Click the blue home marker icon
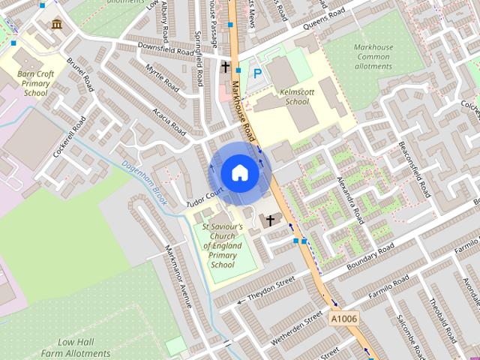click(x=239, y=172)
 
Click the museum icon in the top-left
click(x=57, y=25)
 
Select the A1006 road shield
click(x=344, y=319)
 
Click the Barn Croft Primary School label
click(x=35, y=83)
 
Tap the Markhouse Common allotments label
click(x=373, y=56)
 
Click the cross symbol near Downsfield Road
click(x=225, y=67)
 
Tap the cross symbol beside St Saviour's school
click(x=270, y=220)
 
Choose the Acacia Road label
click(x=169, y=120)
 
